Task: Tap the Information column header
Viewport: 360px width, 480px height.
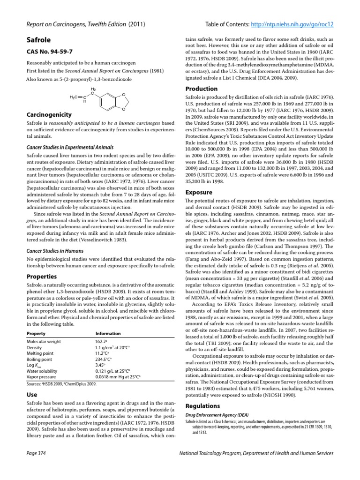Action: click(x=108, y=333)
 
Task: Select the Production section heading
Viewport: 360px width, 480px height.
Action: click(x=202, y=89)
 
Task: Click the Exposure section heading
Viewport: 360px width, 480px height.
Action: click(x=199, y=192)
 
